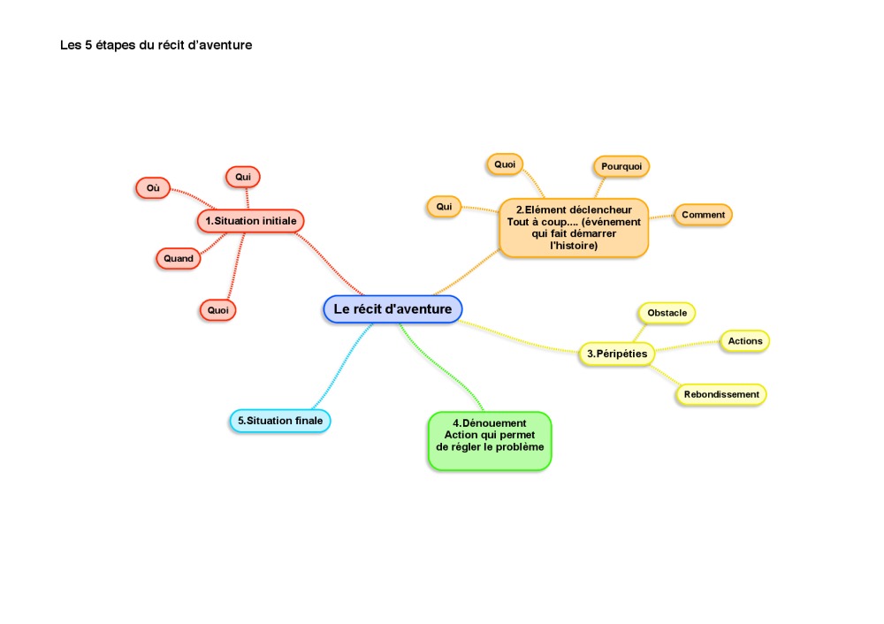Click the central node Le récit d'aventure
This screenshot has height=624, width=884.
coord(392,308)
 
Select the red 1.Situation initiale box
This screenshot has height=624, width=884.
coord(250,221)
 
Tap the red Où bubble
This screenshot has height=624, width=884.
coord(153,188)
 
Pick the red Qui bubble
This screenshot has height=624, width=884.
coord(243,177)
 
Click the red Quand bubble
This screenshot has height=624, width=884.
coord(179,259)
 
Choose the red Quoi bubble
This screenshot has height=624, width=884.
coord(217,310)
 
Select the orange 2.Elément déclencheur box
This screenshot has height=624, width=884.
coord(574,228)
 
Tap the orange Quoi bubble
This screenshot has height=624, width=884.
coord(505,164)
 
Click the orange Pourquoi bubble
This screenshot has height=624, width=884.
coord(621,166)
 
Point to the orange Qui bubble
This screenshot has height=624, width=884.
coord(444,207)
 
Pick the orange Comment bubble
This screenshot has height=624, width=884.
coord(703,215)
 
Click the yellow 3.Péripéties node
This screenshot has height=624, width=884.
coord(617,354)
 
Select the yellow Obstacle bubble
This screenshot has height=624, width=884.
coord(667,313)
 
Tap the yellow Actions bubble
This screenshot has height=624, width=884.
coord(744,341)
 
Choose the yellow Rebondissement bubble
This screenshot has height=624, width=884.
coord(721,394)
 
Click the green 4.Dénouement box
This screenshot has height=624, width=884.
coord(490,441)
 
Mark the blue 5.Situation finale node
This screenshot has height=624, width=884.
coord(279,421)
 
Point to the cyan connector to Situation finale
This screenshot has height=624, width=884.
coord(342,366)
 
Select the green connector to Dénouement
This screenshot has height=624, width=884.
coord(441,368)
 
